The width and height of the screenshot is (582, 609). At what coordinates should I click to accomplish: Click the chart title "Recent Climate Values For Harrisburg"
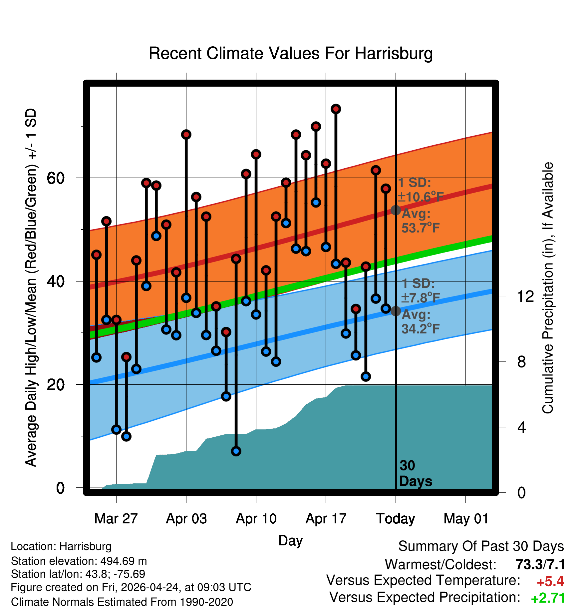tap(291, 53)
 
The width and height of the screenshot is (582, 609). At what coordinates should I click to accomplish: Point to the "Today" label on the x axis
tap(396, 519)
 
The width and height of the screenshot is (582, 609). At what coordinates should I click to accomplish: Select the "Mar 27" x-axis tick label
tap(116, 519)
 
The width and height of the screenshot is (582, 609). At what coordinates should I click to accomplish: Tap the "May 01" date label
tap(466, 519)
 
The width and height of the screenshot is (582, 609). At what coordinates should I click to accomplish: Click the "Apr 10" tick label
tap(256, 519)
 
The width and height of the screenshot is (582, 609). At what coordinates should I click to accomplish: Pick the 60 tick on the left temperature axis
tap(56, 178)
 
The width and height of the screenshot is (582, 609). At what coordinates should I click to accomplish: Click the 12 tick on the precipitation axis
tap(525, 296)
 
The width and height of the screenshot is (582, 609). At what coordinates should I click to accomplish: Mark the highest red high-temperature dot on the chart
tap(336, 109)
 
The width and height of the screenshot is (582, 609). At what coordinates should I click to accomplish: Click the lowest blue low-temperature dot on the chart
tap(236, 451)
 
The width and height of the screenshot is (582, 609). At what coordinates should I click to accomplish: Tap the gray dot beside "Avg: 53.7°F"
tap(396, 210)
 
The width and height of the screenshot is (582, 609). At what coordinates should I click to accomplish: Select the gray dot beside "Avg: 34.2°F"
tap(396, 311)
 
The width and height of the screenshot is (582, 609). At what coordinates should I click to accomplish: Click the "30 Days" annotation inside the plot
tap(416, 473)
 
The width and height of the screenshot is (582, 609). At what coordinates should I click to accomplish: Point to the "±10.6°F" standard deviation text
tap(420, 197)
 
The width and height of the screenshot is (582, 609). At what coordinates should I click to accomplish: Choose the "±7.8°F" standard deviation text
tap(420, 298)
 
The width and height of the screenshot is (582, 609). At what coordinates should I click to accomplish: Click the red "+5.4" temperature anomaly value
tap(550, 582)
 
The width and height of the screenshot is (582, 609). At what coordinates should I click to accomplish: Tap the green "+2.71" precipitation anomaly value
tap(548, 598)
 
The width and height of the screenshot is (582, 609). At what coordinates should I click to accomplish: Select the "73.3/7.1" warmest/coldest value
tap(540, 564)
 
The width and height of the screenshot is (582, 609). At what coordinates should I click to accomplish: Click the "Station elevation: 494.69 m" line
tap(79, 561)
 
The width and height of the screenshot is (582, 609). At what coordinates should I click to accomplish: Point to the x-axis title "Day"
tap(290, 541)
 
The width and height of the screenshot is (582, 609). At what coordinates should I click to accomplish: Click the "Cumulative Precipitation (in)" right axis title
tap(548, 288)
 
